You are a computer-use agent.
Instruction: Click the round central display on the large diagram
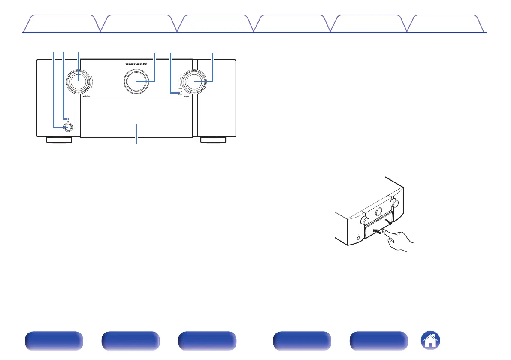[136, 80]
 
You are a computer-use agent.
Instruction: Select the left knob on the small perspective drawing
[365, 221]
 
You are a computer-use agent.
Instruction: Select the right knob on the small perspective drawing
[394, 202]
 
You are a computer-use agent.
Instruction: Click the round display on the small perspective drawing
[378, 212]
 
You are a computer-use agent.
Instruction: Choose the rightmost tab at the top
[446, 24]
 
